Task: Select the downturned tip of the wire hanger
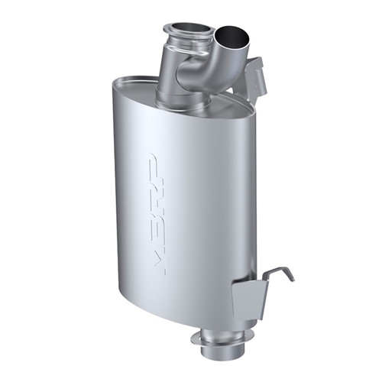[x=290, y=276]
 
